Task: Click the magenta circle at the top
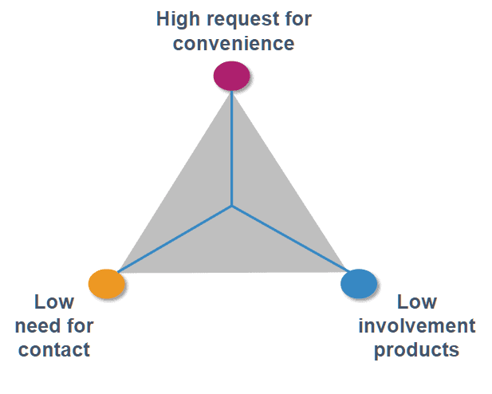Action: click(x=231, y=76)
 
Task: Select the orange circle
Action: click(x=107, y=284)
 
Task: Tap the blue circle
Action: click(x=359, y=283)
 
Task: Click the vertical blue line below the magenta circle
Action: click(x=231, y=148)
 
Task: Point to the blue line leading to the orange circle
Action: click(x=175, y=239)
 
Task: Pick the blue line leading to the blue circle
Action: click(x=290, y=238)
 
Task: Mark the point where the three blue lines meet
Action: click(x=231, y=206)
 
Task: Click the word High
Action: click(x=178, y=19)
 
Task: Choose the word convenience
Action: click(x=234, y=43)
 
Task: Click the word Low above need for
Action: click(x=54, y=302)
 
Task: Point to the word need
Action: click(x=38, y=326)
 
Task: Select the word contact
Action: click(x=54, y=349)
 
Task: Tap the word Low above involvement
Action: click(x=417, y=302)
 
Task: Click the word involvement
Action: click(x=417, y=326)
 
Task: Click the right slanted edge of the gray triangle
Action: click(x=289, y=182)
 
